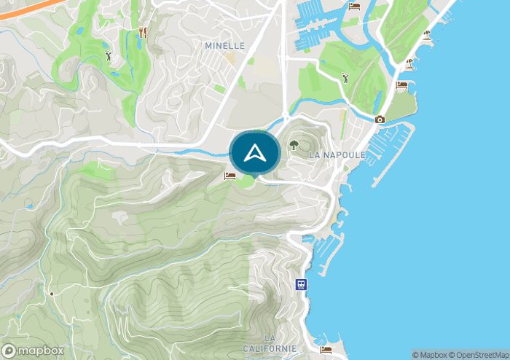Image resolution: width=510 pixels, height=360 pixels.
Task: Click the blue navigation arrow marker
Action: point(254,153)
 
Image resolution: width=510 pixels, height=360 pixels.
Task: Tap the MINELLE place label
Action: point(224,45)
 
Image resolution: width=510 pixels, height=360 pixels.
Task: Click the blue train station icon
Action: point(300,284)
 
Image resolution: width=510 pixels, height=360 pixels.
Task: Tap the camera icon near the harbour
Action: point(380,120)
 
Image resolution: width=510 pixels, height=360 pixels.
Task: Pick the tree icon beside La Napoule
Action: point(294,144)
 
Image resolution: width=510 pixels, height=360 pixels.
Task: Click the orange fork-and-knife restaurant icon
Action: point(142,33)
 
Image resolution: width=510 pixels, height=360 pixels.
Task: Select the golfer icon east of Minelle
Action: point(345,77)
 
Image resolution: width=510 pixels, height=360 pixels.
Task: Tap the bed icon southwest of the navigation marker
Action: point(229,176)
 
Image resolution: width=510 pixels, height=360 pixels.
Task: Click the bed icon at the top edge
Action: point(354,6)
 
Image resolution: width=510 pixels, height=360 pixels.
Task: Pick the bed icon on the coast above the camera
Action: point(401,85)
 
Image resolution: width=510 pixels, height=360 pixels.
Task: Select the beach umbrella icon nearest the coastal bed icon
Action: point(409,63)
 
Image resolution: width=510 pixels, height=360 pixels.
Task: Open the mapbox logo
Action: point(33,349)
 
